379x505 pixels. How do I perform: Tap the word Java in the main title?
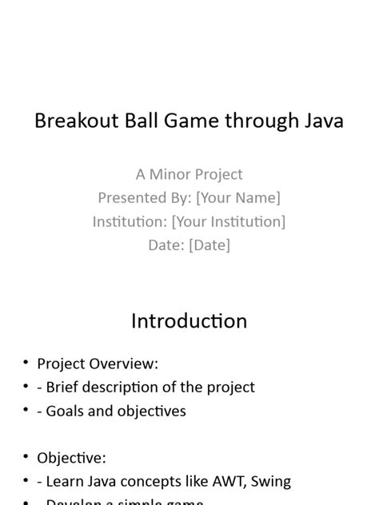point(317,121)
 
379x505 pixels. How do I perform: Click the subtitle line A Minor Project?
point(189,174)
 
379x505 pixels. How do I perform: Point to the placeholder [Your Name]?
point(238,197)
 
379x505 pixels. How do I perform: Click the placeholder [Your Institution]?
point(229,221)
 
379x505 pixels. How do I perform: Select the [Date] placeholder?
point(209,245)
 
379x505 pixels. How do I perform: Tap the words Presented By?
point(144,197)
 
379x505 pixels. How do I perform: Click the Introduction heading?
point(189,321)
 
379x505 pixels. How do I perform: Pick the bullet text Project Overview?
point(98,364)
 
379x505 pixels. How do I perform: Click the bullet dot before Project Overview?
point(26,364)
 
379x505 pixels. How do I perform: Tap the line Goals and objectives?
point(116,411)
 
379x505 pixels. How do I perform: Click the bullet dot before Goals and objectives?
point(26,411)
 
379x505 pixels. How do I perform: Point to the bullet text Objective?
point(71,458)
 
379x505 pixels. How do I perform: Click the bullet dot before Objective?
point(26,458)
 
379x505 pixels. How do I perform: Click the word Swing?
point(271,482)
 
